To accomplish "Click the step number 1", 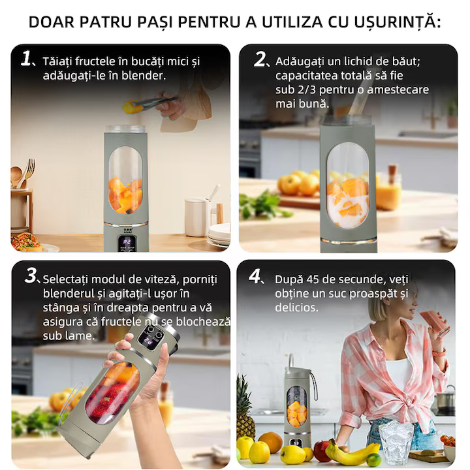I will tap(26, 59).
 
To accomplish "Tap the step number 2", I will tap(260, 59).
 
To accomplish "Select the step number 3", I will tap(31, 276).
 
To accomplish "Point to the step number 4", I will tap(256, 276).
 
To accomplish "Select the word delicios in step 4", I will tap(296, 307).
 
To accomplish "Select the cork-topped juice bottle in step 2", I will tap(389, 189).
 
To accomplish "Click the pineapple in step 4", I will tap(245, 407).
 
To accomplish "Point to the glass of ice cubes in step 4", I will tap(396, 441).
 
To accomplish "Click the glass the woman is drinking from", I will tap(433, 321).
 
